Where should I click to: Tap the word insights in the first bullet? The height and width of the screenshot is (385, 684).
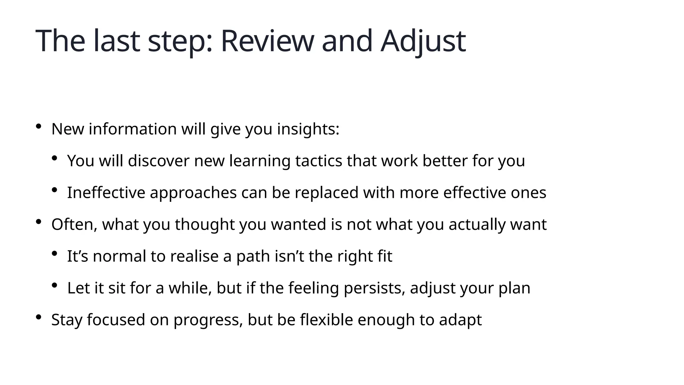click(x=308, y=129)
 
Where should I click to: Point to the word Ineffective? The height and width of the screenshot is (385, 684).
click(x=106, y=192)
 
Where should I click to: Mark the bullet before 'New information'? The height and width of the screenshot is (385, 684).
click(x=39, y=126)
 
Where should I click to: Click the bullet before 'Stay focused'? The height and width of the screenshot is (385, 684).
click(x=39, y=317)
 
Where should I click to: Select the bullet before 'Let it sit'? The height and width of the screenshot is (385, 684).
click(x=55, y=285)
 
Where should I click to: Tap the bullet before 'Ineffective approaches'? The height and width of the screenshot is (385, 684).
click(x=55, y=190)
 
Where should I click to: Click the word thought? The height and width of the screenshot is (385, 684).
click(x=205, y=224)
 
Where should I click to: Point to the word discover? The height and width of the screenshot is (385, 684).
click(x=159, y=161)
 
